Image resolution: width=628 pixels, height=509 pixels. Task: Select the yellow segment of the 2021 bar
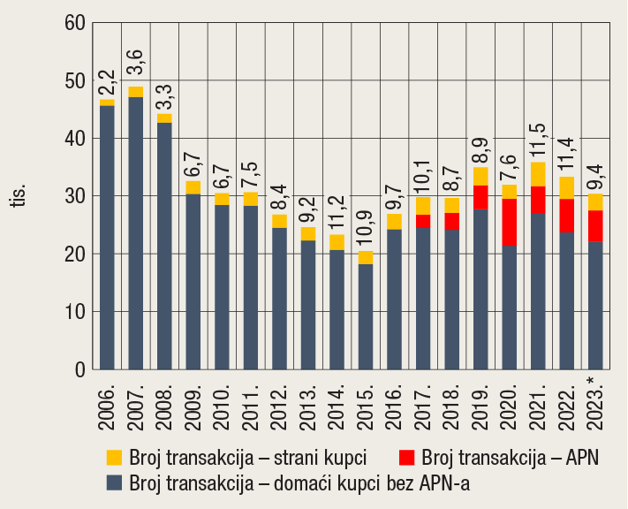click(538, 174)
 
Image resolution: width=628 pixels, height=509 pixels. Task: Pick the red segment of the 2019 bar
click(480, 197)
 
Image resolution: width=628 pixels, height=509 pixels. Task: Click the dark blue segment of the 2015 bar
click(365, 316)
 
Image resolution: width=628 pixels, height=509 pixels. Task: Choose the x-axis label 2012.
click(279, 406)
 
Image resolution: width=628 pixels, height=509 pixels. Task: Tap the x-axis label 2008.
click(164, 406)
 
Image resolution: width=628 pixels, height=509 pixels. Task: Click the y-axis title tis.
click(19, 196)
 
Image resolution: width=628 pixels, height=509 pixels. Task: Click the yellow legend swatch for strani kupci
click(114, 458)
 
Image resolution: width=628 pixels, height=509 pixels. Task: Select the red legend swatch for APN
click(407, 458)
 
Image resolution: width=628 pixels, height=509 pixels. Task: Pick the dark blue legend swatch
click(114, 483)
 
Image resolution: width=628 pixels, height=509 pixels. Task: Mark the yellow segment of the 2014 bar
click(337, 242)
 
